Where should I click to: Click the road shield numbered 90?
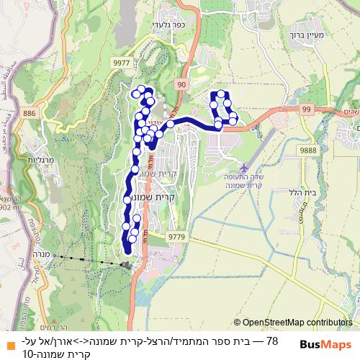pos(180,85)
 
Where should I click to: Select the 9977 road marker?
pos(121,63)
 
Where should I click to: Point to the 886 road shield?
pos(30,113)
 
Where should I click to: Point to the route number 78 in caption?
pos(271,340)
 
